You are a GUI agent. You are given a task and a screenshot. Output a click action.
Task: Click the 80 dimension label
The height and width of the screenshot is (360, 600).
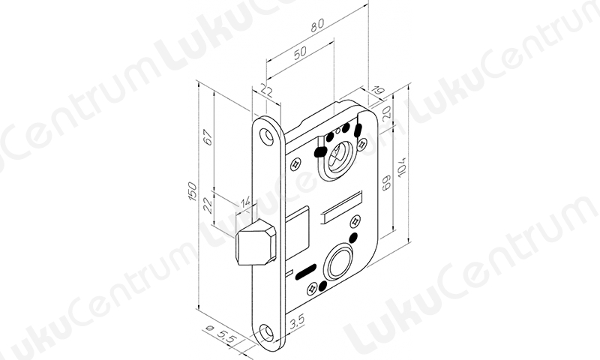point(317,25)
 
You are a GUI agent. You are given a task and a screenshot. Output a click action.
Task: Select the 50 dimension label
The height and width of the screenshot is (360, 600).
point(300,52)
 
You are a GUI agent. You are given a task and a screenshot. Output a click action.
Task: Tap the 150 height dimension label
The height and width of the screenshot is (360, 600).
point(193,191)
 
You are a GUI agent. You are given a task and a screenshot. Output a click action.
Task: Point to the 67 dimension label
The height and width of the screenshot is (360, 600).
point(208,137)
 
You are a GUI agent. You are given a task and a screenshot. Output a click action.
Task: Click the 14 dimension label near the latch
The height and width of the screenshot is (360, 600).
point(245,202)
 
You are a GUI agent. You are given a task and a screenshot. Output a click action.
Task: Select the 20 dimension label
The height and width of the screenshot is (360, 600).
point(386,112)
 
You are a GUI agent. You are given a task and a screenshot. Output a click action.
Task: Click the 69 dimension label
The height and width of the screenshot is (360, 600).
point(386,182)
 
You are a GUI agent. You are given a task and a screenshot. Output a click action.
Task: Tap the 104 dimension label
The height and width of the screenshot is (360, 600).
point(401,167)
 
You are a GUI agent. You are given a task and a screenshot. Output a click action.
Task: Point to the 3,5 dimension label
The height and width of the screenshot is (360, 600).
point(297,322)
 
